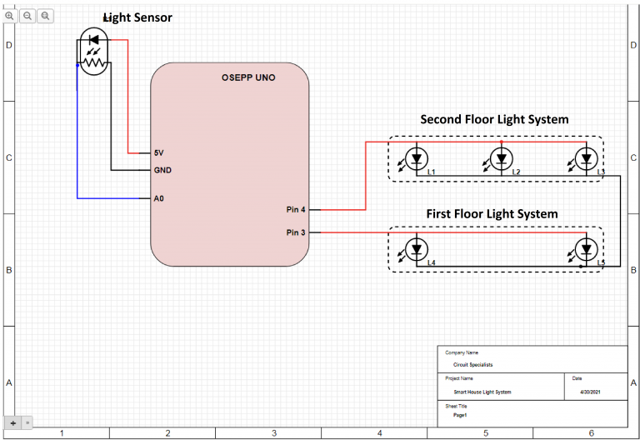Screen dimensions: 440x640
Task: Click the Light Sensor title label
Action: (x=137, y=17)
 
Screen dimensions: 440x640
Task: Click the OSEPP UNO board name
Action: (x=248, y=77)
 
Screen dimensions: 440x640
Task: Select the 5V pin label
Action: (x=158, y=153)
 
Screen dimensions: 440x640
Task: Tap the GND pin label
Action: (x=162, y=170)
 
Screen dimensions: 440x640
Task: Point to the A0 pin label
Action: (x=158, y=199)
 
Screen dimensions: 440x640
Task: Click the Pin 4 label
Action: (x=296, y=210)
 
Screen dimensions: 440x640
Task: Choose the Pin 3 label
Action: (x=296, y=232)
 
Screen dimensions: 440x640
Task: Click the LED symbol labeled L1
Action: (x=417, y=158)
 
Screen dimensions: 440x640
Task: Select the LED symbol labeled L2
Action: (x=501, y=158)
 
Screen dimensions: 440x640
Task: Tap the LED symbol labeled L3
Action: (x=587, y=158)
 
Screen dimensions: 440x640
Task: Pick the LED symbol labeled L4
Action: (x=417, y=248)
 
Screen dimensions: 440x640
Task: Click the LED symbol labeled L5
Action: (x=587, y=248)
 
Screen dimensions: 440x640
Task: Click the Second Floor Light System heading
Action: (x=494, y=119)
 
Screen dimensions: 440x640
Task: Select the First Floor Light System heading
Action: (x=492, y=214)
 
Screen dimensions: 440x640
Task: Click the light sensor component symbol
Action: (x=92, y=52)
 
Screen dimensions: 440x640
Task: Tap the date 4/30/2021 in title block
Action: (x=590, y=392)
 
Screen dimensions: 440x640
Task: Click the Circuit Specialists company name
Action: (x=473, y=365)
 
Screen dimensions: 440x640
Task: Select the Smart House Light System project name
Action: (x=482, y=392)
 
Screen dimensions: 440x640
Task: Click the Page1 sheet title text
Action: (x=460, y=415)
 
